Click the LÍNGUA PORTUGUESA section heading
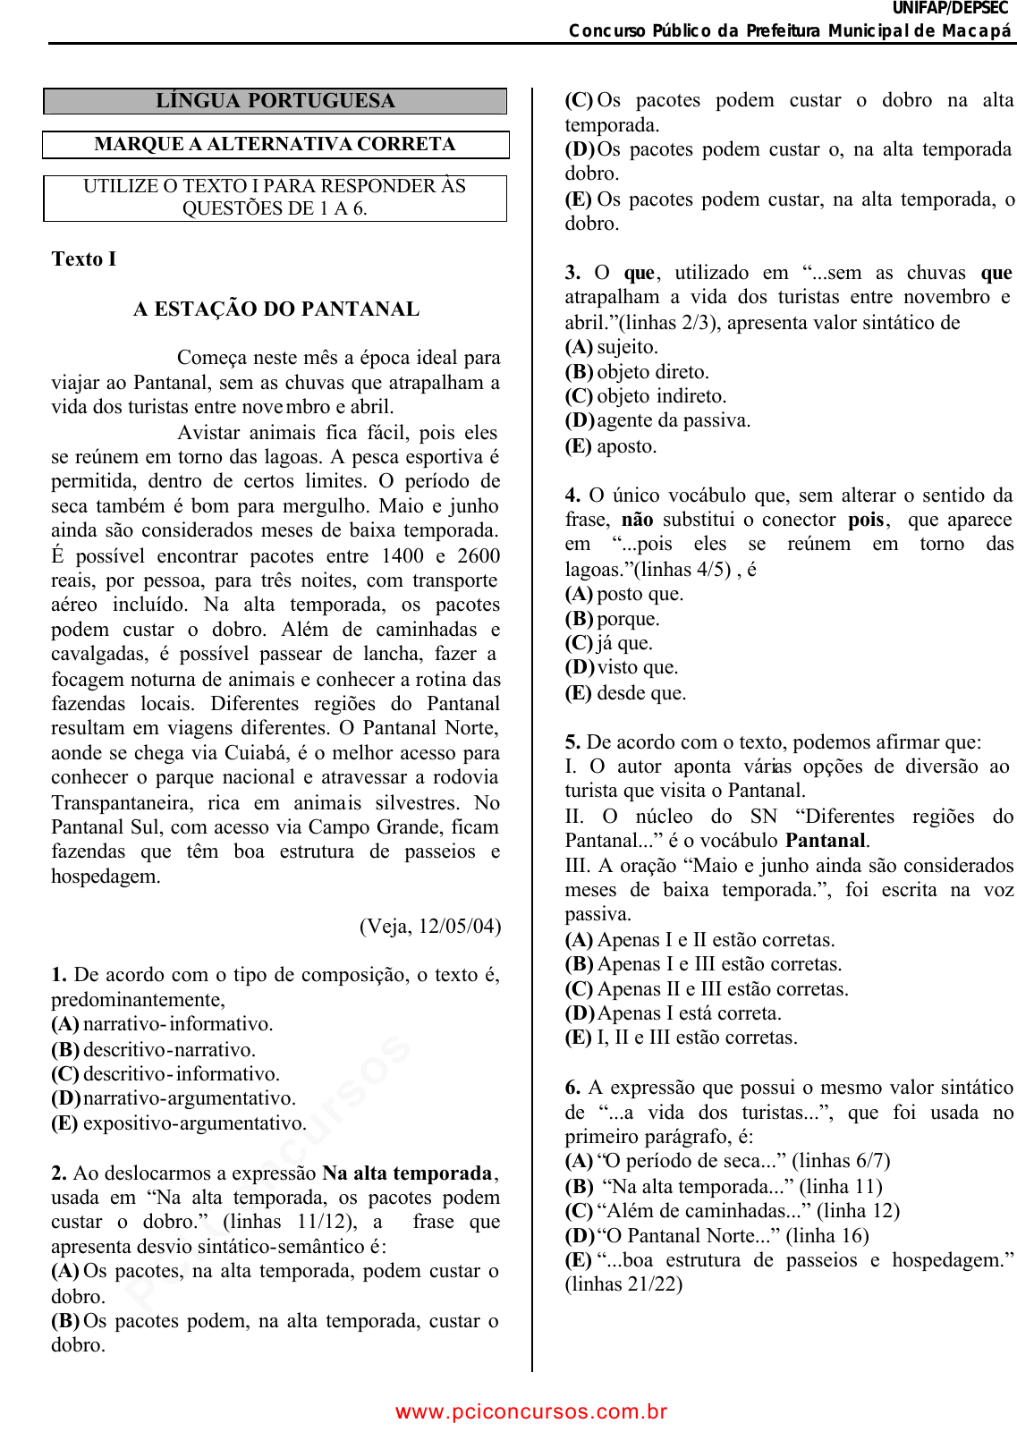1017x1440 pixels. tap(275, 101)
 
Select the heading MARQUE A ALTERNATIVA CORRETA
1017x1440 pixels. tap(275, 145)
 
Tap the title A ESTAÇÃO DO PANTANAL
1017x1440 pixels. tap(276, 309)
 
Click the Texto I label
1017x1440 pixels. tap(84, 259)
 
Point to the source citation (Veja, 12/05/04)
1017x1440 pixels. tap(430, 926)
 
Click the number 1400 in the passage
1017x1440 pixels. tap(403, 555)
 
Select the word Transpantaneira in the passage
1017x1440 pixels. tap(122, 802)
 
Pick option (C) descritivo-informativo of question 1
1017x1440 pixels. tap(165, 1074)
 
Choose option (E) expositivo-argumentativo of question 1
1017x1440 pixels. tap(179, 1123)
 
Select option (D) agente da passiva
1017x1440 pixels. tap(658, 420)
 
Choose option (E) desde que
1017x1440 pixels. tap(626, 693)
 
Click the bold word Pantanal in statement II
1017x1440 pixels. tap(826, 841)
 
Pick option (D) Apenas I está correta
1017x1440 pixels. tap(674, 1013)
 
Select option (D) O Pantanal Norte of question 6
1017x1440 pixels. tap(717, 1236)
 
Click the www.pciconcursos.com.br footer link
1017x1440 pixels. tap(531, 1411)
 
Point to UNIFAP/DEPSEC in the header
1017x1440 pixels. tap(950, 8)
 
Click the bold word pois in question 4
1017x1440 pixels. tap(866, 520)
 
